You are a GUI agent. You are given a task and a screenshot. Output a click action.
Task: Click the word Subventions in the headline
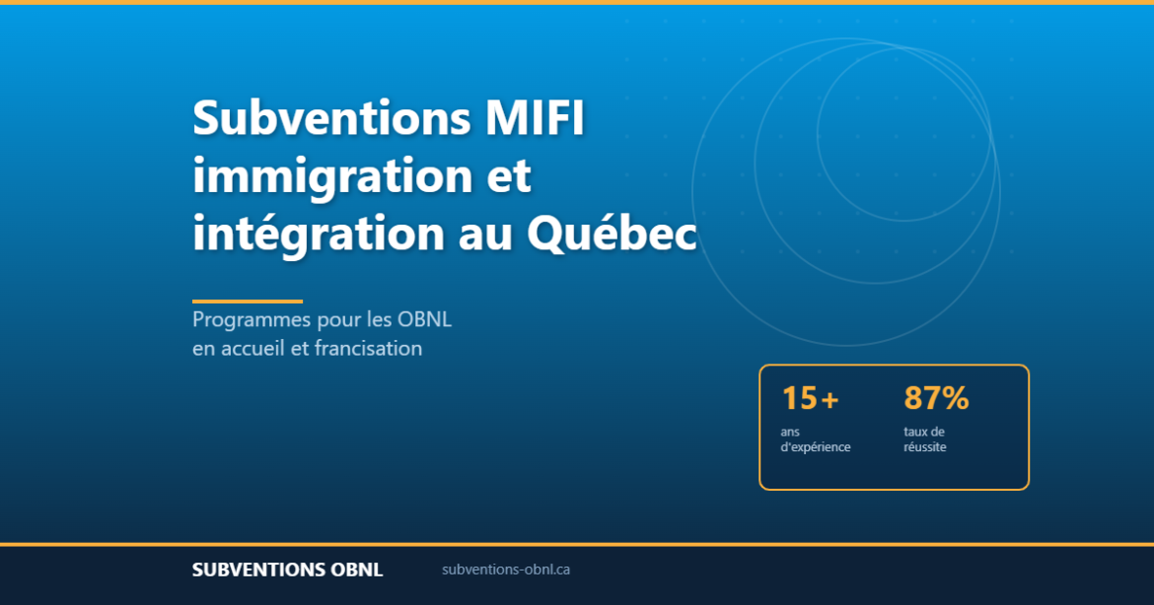pyautogui.click(x=330, y=119)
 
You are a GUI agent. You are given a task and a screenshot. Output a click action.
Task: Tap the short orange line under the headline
pyautogui.click(x=248, y=302)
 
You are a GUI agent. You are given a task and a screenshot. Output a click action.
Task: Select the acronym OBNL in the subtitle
pyautogui.click(x=424, y=320)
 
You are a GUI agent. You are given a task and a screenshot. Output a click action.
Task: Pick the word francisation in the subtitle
pyautogui.click(x=368, y=348)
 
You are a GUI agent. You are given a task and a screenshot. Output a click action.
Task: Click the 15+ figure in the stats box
pyautogui.click(x=810, y=398)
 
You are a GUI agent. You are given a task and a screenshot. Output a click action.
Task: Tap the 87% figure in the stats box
pyautogui.click(x=936, y=398)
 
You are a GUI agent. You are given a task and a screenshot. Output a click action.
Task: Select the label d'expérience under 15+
pyautogui.click(x=815, y=446)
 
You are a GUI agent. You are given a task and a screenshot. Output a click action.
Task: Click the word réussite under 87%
pyautogui.click(x=924, y=446)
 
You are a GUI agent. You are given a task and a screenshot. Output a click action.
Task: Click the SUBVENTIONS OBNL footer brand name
pyautogui.click(x=287, y=570)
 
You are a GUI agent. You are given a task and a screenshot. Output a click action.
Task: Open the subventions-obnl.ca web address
pyautogui.click(x=506, y=570)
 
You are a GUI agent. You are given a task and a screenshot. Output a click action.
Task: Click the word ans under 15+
pyautogui.click(x=790, y=432)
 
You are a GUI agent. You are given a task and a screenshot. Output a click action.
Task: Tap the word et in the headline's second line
pyautogui.click(x=509, y=177)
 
